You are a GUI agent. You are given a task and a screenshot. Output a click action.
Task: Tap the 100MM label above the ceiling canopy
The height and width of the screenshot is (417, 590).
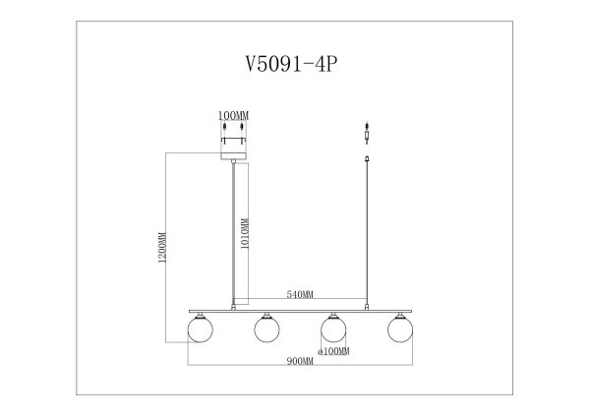tap(233, 116)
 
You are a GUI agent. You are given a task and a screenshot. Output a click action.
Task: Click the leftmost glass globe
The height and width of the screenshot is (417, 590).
tap(201, 328)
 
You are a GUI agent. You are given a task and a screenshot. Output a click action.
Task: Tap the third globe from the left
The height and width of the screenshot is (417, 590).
tap(332, 328)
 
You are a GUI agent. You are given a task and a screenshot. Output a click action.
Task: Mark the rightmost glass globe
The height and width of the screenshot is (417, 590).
tap(398, 328)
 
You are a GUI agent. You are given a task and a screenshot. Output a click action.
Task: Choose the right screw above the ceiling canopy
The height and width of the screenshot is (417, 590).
tap(242, 131)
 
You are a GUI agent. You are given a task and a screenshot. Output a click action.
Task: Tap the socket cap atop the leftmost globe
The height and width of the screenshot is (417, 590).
tap(201, 313)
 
